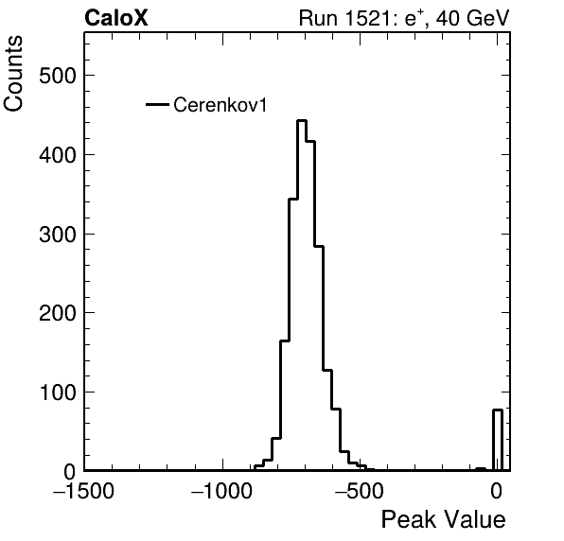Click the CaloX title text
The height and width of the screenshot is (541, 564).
(x=116, y=18)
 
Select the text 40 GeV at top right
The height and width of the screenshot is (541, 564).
(x=473, y=18)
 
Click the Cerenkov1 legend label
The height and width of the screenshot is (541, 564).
(x=220, y=105)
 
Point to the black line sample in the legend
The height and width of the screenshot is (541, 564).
(x=157, y=105)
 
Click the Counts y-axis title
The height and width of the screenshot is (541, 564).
(x=13, y=74)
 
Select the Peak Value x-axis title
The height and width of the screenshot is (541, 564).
(x=443, y=519)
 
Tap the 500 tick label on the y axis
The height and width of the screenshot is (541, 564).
(x=58, y=76)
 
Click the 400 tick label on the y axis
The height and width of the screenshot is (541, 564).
(x=58, y=155)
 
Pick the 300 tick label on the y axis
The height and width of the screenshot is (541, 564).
(x=58, y=234)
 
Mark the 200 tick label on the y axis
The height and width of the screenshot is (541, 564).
(x=58, y=313)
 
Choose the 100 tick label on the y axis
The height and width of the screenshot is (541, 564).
(x=58, y=393)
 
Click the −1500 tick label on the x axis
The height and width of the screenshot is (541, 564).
(x=83, y=490)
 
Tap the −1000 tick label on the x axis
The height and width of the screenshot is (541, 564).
(x=222, y=490)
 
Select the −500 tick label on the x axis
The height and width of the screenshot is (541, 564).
(x=360, y=490)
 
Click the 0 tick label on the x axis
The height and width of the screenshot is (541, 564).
(x=497, y=490)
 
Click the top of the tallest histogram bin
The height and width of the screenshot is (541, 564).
(x=302, y=120)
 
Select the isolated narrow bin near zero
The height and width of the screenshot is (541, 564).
(x=498, y=440)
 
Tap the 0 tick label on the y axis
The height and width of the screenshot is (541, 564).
(x=70, y=471)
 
